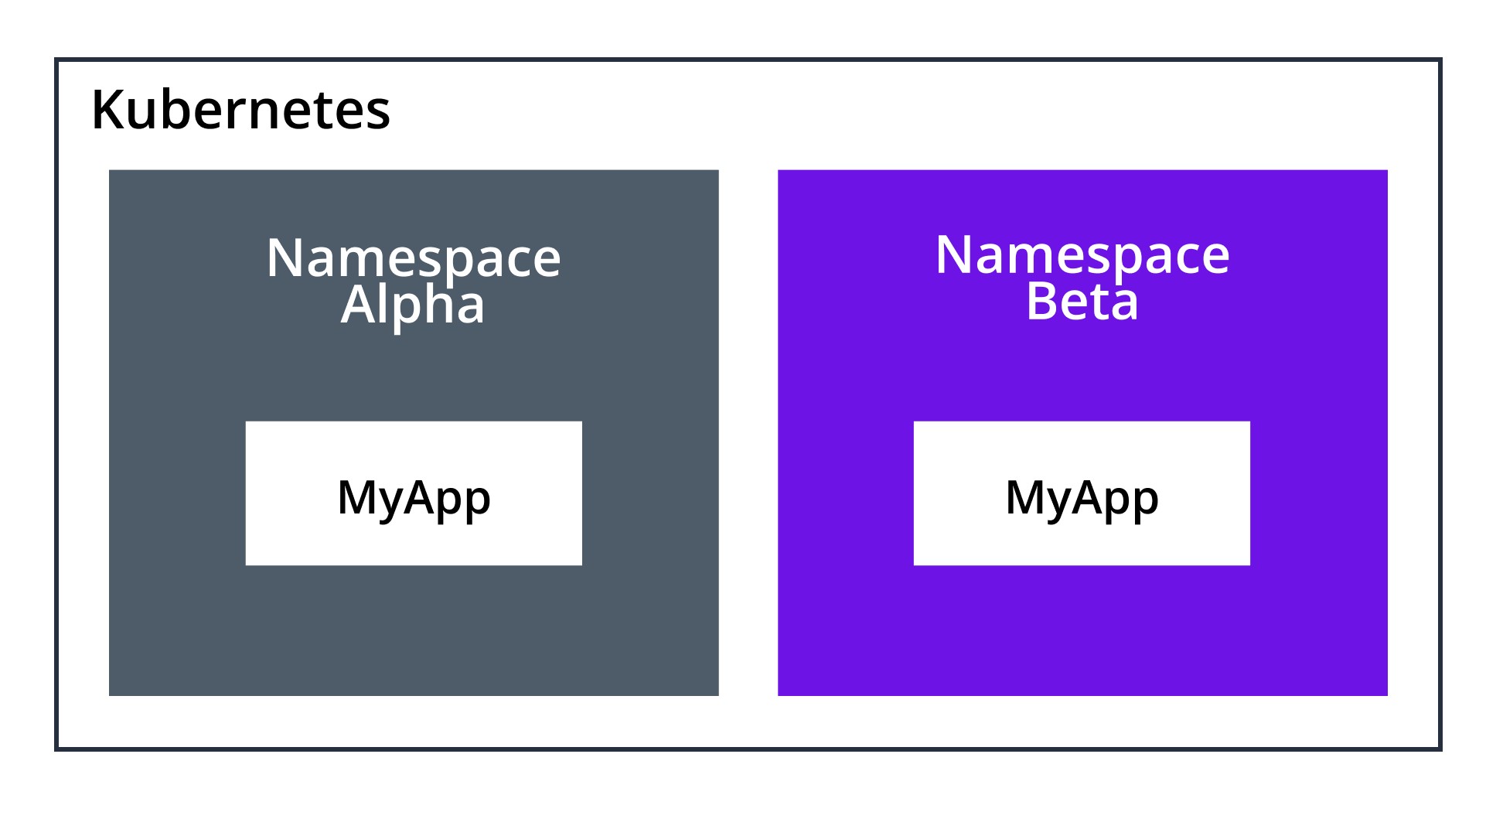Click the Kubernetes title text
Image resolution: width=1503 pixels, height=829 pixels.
[x=240, y=110]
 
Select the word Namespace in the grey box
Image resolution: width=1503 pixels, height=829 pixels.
[x=413, y=259]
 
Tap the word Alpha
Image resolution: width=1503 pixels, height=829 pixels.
[x=413, y=305]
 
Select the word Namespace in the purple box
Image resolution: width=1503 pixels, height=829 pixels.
[x=1082, y=256]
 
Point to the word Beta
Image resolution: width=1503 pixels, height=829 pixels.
[x=1082, y=302]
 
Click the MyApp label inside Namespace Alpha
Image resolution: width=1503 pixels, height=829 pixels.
[x=414, y=497]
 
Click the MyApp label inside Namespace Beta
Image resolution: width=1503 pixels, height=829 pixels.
[x=1082, y=497]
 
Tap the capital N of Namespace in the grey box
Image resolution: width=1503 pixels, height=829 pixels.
[x=285, y=258]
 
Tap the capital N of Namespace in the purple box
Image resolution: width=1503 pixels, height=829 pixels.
[x=953, y=255]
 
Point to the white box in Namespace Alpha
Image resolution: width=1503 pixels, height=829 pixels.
[x=414, y=541]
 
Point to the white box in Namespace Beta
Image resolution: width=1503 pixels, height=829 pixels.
[x=1082, y=541]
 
